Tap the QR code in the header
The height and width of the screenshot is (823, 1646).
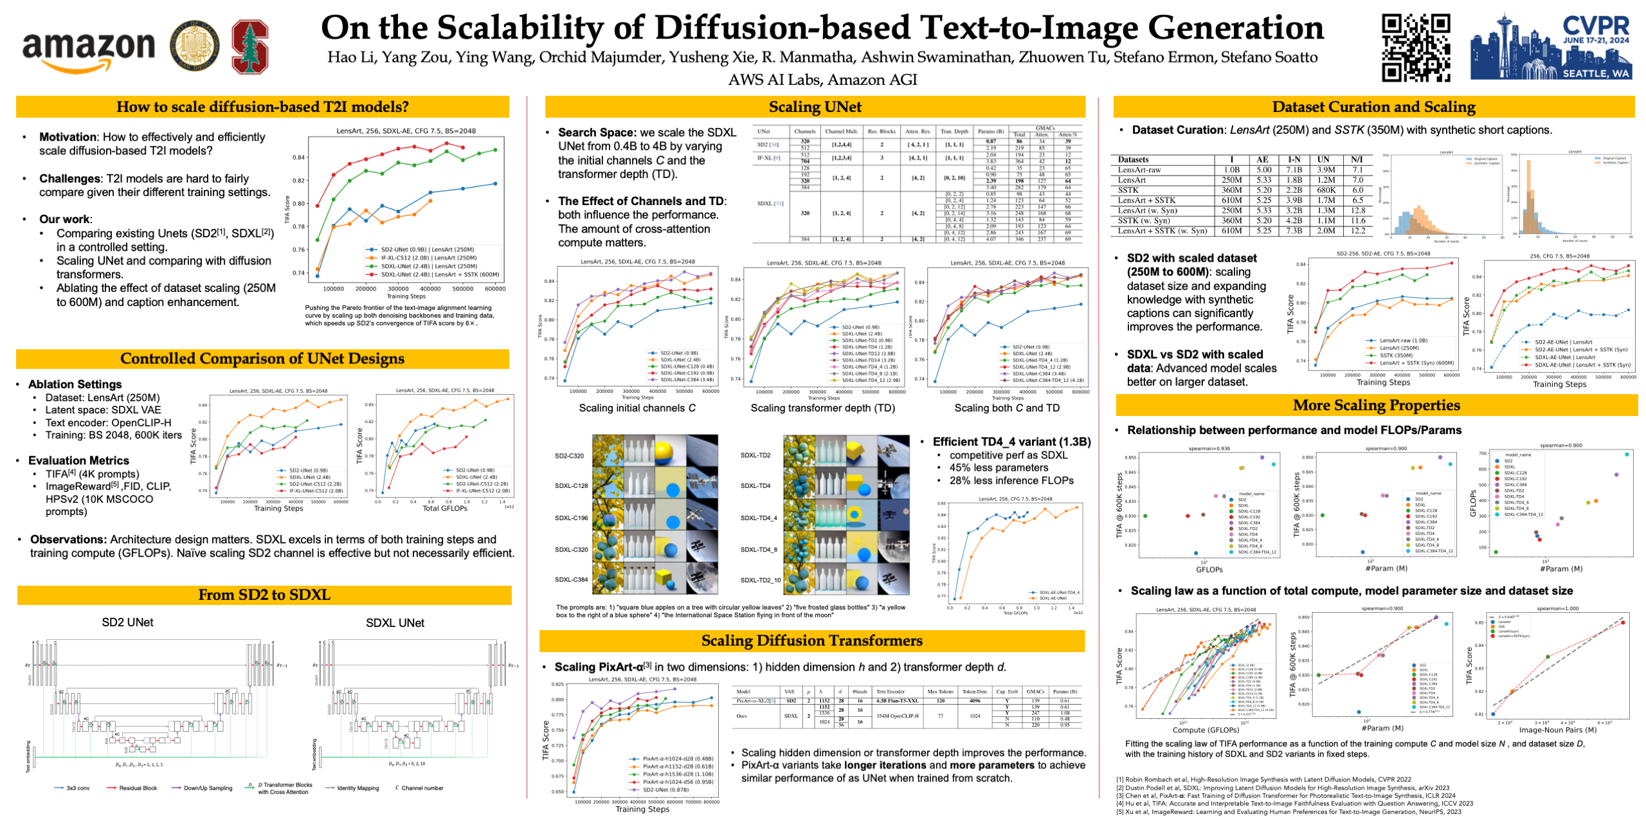pyautogui.click(x=1415, y=48)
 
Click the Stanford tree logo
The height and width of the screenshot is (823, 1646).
pyautogui.click(x=249, y=46)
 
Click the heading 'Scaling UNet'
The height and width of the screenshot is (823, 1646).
pyautogui.click(x=815, y=107)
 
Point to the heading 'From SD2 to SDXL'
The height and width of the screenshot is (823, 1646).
pyautogui.click(x=264, y=595)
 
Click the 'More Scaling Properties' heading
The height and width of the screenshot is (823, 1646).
pyautogui.click(x=1376, y=405)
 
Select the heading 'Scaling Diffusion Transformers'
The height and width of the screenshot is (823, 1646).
pyautogui.click(x=811, y=640)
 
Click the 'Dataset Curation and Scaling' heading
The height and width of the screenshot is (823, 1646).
pyautogui.click(x=1373, y=107)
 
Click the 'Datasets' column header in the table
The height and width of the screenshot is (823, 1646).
pyautogui.click(x=1133, y=159)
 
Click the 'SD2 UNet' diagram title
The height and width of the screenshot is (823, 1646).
pyautogui.click(x=127, y=622)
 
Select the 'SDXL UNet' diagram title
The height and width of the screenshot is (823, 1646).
pyautogui.click(x=395, y=623)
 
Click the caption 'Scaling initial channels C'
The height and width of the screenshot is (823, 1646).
pyautogui.click(x=637, y=408)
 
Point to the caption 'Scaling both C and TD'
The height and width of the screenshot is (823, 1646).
pyautogui.click(x=1006, y=408)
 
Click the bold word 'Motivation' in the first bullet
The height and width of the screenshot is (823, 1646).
pyautogui.click(x=68, y=137)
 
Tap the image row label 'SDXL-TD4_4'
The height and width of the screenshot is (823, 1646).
pyautogui.click(x=758, y=518)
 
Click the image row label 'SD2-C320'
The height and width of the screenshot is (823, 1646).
pyautogui.click(x=569, y=456)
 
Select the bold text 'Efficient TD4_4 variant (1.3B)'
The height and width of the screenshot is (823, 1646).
pyautogui.click(x=1011, y=442)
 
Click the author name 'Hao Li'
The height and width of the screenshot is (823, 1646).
pyautogui.click(x=351, y=58)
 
